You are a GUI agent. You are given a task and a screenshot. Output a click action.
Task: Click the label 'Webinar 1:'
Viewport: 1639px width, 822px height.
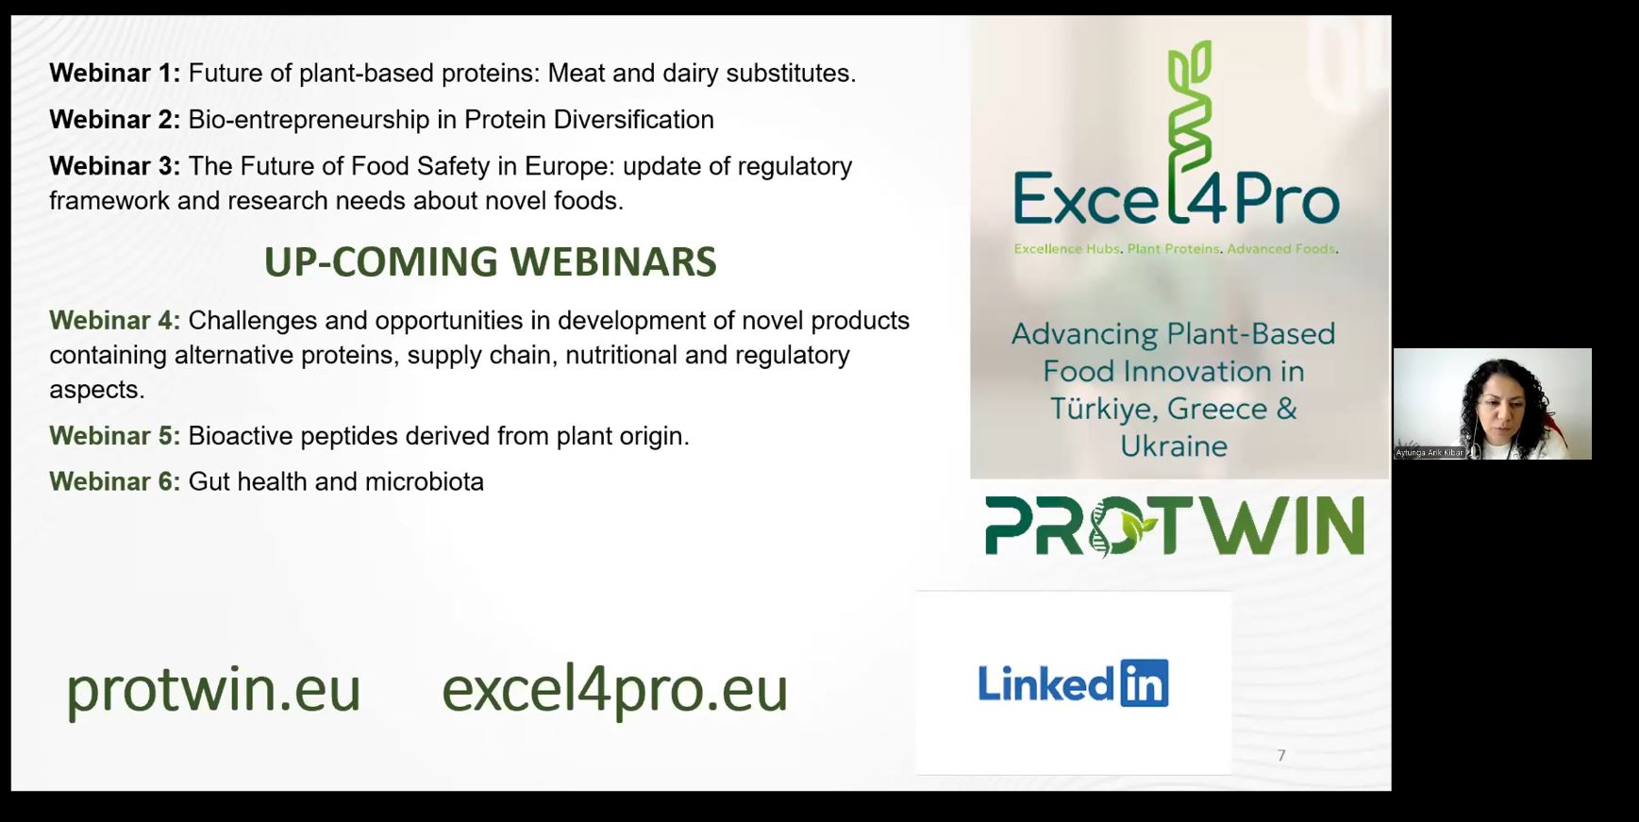click(x=114, y=74)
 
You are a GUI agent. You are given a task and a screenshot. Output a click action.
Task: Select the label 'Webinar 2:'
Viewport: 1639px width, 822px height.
click(x=114, y=120)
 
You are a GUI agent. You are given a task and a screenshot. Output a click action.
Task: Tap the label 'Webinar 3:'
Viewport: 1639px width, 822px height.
click(x=114, y=166)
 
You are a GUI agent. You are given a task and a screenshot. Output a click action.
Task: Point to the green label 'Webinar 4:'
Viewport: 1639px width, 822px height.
click(x=114, y=321)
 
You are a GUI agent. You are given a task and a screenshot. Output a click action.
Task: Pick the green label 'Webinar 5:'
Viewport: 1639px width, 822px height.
click(x=114, y=436)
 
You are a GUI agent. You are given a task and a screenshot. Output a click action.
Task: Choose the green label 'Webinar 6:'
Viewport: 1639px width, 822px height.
click(x=114, y=482)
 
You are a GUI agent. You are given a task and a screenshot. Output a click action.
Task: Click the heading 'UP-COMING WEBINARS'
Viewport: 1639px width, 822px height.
click(x=490, y=262)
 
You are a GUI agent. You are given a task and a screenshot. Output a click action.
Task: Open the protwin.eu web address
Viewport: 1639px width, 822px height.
click(x=213, y=691)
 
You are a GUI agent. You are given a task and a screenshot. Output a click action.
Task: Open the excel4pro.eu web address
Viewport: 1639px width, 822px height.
click(x=614, y=691)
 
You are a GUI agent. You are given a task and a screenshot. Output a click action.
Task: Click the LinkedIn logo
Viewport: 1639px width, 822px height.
click(x=1073, y=683)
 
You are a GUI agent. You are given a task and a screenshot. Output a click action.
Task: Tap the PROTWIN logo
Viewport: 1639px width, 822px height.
click(x=1175, y=527)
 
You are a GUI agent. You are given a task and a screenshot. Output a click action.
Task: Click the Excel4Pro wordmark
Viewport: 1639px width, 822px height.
click(x=1176, y=198)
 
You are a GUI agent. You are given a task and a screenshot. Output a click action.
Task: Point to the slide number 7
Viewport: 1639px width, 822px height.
click(x=1281, y=755)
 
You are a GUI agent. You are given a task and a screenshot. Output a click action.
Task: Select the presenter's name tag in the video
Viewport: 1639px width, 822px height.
click(x=1430, y=453)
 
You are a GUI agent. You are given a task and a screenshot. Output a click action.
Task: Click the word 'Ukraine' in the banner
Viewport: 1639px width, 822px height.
click(x=1174, y=446)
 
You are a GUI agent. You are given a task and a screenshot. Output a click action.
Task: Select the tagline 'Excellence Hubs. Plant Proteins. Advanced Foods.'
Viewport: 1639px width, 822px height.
click(x=1176, y=249)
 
